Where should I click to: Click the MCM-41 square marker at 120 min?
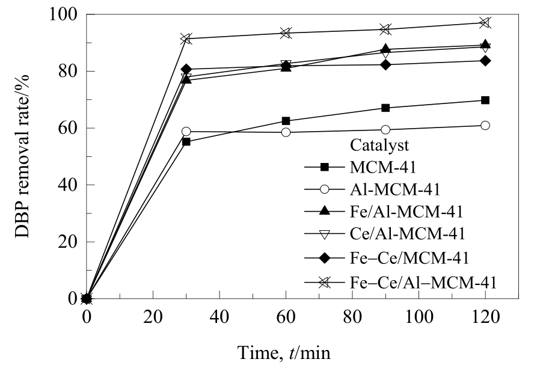(x=485, y=100)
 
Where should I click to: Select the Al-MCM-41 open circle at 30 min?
(x=186, y=131)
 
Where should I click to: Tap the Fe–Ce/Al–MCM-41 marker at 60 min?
(x=286, y=32)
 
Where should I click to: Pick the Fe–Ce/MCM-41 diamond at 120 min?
(x=485, y=61)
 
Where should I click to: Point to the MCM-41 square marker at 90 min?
(x=385, y=108)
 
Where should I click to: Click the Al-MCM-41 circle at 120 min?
(x=485, y=125)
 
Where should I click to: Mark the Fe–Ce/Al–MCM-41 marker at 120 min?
(x=485, y=23)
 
